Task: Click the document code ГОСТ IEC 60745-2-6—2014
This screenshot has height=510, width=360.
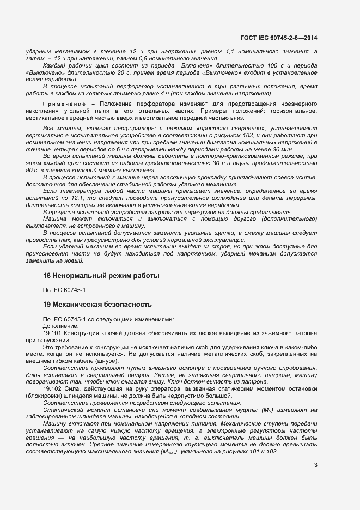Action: tap(278, 38)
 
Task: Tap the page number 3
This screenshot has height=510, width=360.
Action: tap(315, 465)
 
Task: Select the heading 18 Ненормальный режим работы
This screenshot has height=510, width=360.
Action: tap(101, 276)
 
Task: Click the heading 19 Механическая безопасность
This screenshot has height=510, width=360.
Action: tap(97, 303)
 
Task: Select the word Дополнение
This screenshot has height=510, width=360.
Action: tap(60, 325)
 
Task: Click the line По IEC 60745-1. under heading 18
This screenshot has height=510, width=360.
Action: tap(65, 289)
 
